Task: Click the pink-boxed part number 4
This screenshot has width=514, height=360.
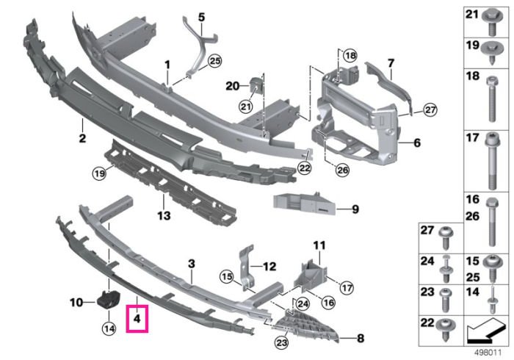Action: [137, 318]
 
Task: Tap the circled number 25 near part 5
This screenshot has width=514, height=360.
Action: [215, 61]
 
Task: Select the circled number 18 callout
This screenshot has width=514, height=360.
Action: [350, 55]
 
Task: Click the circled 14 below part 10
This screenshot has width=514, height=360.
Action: [109, 328]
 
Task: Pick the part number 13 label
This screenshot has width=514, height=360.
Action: [164, 216]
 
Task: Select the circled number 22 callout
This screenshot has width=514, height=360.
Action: [305, 168]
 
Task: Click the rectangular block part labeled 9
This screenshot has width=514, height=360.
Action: [304, 204]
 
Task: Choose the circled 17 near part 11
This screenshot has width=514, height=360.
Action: [347, 288]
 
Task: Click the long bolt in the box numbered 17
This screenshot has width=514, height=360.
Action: [491, 163]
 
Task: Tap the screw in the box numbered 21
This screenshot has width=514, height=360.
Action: [491, 23]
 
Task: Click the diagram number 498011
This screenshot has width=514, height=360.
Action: [488, 353]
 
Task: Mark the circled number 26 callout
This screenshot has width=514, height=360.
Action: [342, 170]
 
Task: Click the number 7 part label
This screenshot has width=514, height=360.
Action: [391, 63]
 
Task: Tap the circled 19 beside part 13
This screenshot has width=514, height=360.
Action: [99, 173]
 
